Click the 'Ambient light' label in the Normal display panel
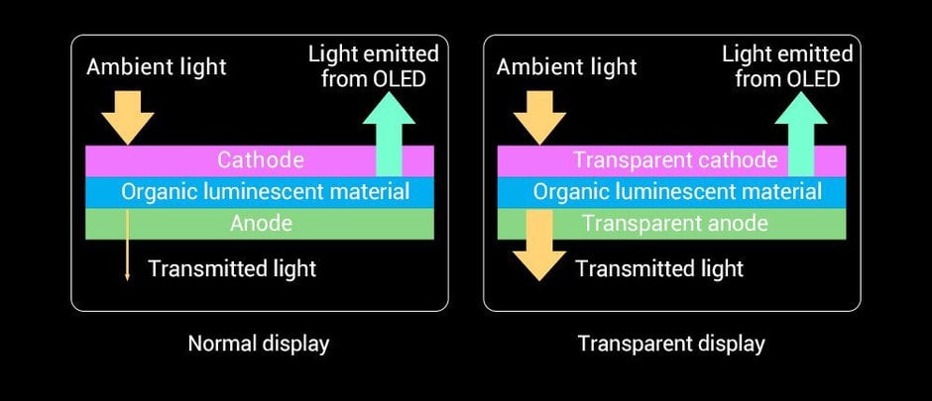pos(157,66)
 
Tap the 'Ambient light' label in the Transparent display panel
pos(566,66)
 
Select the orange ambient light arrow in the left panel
pos(127,118)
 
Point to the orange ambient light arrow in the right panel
pos(539,118)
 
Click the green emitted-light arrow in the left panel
pos(389,134)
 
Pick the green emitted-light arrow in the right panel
pos(801,134)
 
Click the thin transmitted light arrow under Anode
pos(127,245)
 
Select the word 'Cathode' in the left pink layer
pos(261,160)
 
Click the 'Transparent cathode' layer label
pos(675,160)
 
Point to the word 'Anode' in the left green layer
pos(261,223)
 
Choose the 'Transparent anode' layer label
pos(674,223)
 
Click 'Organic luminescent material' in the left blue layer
pos(265,192)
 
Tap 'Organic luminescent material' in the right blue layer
pos(677,192)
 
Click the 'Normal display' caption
pos(259,344)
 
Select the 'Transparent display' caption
pos(671,344)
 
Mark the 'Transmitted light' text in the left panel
pos(232,268)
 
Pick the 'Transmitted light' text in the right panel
pos(659,268)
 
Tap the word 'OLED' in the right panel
pos(813,79)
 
